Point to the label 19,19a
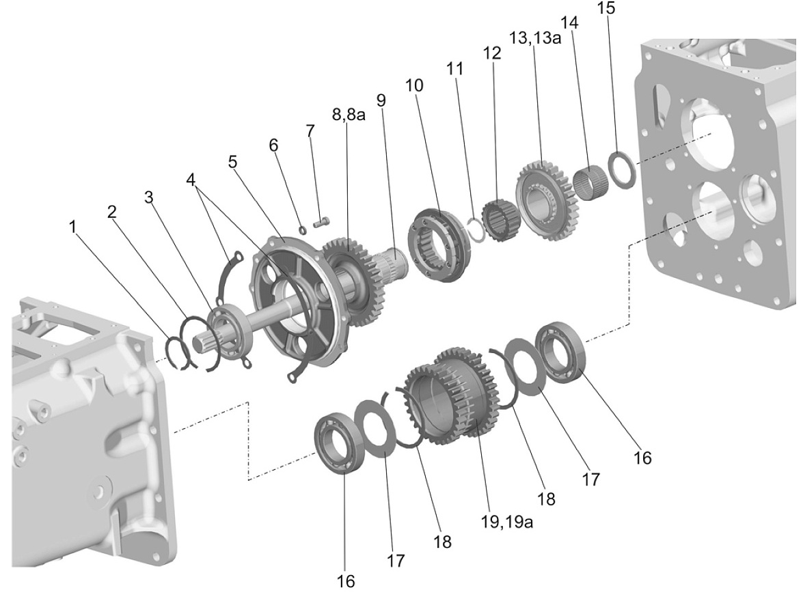pos(507,521)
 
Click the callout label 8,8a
pos(349,114)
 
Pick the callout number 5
pos(233,163)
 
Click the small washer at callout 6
pos(302,228)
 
